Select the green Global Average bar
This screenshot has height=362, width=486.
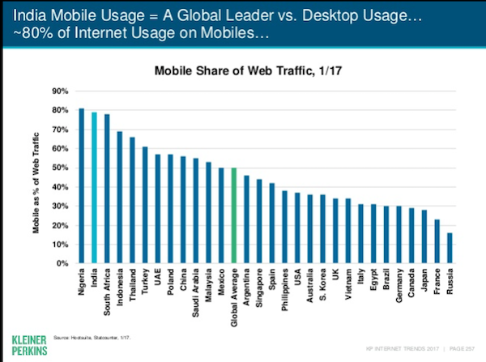[x=234, y=215]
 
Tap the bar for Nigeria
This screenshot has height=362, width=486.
[x=80, y=185]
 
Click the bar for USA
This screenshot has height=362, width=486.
[x=297, y=228]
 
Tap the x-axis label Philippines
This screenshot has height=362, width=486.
[x=284, y=292]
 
